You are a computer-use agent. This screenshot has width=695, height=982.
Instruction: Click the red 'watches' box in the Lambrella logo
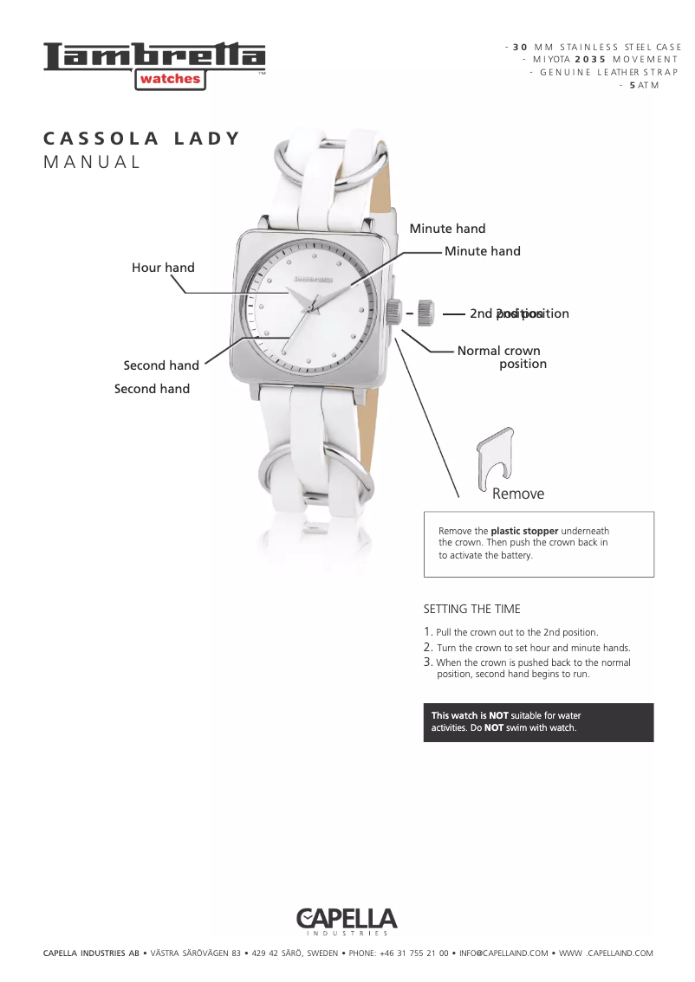pyautogui.click(x=170, y=79)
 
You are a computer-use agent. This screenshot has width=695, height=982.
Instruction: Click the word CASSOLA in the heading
pyautogui.click(x=101, y=139)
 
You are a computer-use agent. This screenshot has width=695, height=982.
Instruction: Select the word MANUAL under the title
pyautogui.click(x=92, y=162)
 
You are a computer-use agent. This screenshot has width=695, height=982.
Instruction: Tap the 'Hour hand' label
pyautogui.click(x=163, y=268)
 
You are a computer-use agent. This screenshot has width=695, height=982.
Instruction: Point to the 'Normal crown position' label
pyautogui.click(x=499, y=357)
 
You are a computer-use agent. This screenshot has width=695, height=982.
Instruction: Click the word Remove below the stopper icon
pyautogui.click(x=518, y=494)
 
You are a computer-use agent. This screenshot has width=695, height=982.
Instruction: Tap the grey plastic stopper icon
pyautogui.click(x=492, y=457)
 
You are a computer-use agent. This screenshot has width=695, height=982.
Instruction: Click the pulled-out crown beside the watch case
pyautogui.click(x=425, y=313)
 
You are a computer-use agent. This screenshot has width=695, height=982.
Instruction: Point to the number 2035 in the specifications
pyautogui.click(x=589, y=59)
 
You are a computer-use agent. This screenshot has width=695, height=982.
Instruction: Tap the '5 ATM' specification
pyautogui.click(x=644, y=85)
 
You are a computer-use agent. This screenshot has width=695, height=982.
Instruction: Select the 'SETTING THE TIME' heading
pyautogui.click(x=471, y=609)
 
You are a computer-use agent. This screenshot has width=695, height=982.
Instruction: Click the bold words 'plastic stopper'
pyautogui.click(x=524, y=531)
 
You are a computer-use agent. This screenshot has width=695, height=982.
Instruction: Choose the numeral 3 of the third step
pyautogui.click(x=427, y=662)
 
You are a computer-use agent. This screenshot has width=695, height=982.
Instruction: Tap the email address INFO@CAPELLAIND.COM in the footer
pyautogui.click(x=503, y=953)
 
